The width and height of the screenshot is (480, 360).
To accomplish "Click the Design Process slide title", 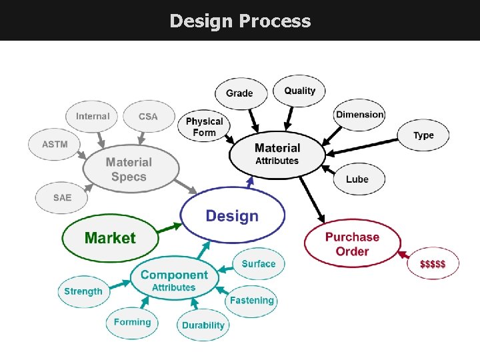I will click(240, 21).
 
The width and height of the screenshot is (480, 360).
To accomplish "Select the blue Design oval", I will click(232, 215).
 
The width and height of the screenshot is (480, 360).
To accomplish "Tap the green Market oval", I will click(110, 238).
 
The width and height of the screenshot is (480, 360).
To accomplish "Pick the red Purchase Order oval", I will click(352, 244).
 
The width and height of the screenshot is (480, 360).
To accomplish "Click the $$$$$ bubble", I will click(433, 264).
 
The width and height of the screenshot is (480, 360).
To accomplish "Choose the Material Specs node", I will click(129, 169).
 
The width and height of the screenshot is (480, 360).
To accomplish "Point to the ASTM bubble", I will click(55, 144).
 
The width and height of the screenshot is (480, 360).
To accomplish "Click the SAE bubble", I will click(62, 198).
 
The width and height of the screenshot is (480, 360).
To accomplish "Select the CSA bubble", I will click(148, 116).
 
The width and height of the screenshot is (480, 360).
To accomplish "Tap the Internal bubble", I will click(92, 116).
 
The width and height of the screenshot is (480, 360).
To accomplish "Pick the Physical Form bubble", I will click(204, 127).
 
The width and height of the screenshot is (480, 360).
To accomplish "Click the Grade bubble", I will click(239, 93).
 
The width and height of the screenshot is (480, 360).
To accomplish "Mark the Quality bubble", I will click(300, 91).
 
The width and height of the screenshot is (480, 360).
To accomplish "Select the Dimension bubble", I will click(360, 114).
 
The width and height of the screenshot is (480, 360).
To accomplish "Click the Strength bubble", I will click(83, 291).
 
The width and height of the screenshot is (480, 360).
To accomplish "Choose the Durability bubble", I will click(203, 325).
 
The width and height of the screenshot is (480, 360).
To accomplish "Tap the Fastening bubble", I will click(251, 301).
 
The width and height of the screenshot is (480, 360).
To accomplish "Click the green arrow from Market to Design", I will click(170, 228).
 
